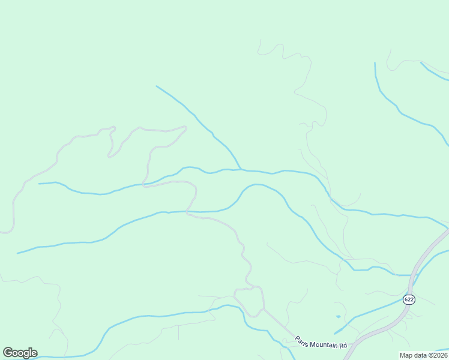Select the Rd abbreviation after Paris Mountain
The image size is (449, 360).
pos(343,346)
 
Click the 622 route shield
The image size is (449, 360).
pos(409,299)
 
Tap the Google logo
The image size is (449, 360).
pos(20,353)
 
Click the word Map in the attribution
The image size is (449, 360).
pos(407,355)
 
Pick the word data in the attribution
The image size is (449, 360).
pos(421,355)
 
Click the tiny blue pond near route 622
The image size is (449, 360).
pos(339,316)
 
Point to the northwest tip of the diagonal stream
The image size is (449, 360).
pos(157,86)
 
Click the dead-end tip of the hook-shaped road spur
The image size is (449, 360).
pos(109,156)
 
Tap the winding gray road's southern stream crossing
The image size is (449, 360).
pos(187,212)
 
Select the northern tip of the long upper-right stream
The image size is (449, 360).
pos(375,62)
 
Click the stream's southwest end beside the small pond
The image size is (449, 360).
pos(334,333)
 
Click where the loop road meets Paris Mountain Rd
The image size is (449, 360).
pos(264,310)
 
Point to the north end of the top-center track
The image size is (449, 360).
pos(260,40)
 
